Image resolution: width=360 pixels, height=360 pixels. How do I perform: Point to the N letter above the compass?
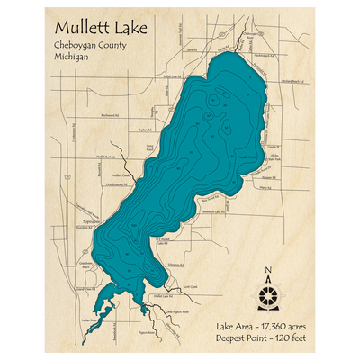click(267, 272)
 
